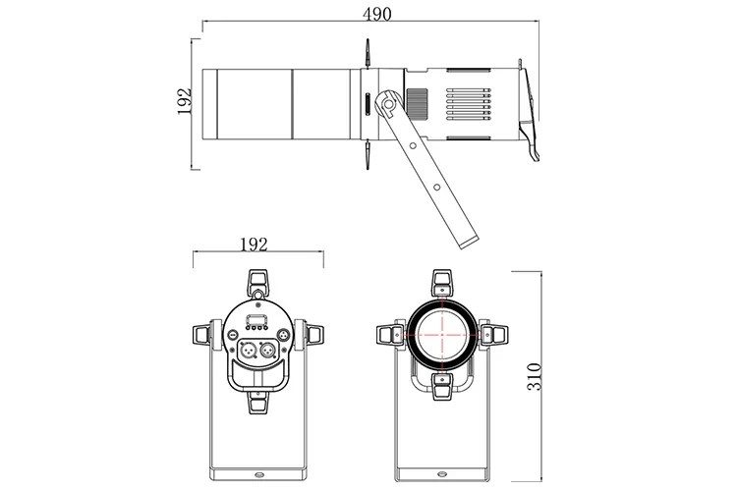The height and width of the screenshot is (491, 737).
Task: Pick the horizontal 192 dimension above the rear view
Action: [254, 245]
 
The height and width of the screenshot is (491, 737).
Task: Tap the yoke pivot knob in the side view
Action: [391, 101]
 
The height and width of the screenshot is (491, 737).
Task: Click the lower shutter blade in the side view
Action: [367, 152]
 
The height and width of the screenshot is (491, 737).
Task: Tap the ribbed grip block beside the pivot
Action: [417, 101]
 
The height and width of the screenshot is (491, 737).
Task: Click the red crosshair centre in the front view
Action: [445, 333]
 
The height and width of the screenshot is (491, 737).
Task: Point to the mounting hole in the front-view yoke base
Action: [445, 470]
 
